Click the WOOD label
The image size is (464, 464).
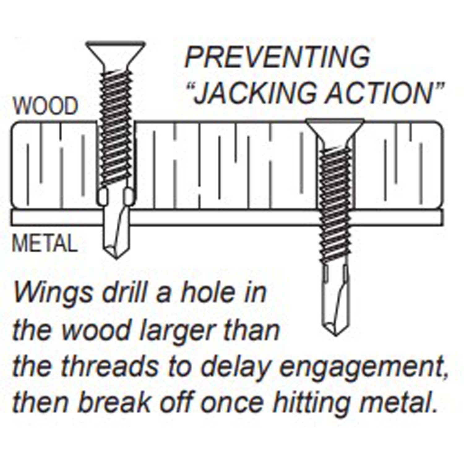coord(45,106)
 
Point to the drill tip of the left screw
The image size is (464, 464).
coord(116,258)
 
